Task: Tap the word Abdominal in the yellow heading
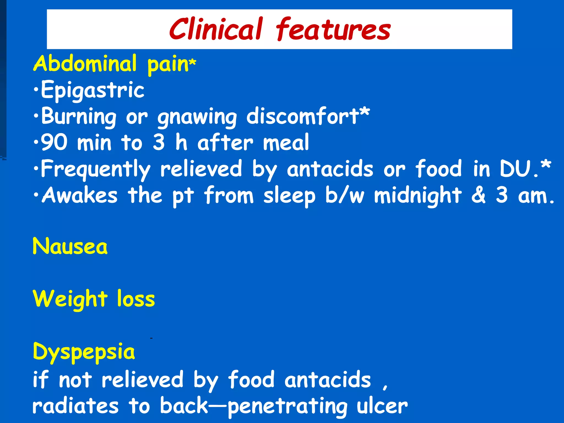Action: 85,64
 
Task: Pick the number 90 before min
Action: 54,142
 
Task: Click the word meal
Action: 286,142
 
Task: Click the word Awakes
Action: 80,195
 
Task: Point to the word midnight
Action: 418,195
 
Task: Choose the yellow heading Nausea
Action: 70,246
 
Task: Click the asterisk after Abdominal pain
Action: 193,62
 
